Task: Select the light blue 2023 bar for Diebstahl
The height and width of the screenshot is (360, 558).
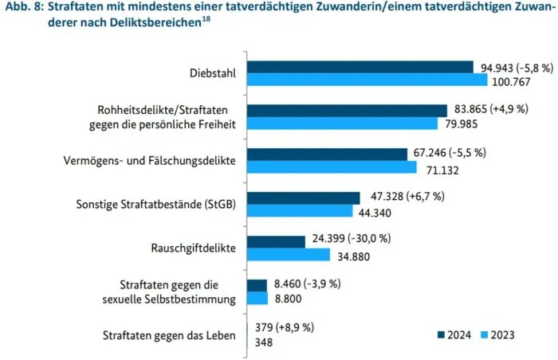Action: (x=367, y=80)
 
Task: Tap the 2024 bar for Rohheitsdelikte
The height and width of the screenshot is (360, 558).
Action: (x=347, y=111)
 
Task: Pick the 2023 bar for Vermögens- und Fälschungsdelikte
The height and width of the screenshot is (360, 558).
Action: (x=332, y=167)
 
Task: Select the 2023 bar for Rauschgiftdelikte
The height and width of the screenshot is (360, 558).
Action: (x=288, y=254)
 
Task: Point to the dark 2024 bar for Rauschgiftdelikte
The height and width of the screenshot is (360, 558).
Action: (x=276, y=241)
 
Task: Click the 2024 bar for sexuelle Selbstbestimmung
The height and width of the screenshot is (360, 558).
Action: (x=257, y=284)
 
